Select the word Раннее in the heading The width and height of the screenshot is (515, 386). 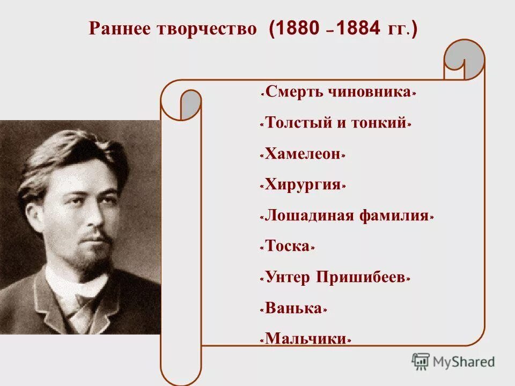tap(119, 29)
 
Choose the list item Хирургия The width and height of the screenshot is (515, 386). tap(303, 185)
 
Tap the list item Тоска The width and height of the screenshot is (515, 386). tap(288, 247)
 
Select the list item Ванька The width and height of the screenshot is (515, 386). tap(294, 309)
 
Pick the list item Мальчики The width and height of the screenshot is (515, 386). tap(306, 339)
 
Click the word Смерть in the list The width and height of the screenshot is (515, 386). tap(292, 92)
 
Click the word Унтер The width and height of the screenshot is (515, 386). tap(288, 278)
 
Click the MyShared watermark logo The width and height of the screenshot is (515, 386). tap(453, 362)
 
